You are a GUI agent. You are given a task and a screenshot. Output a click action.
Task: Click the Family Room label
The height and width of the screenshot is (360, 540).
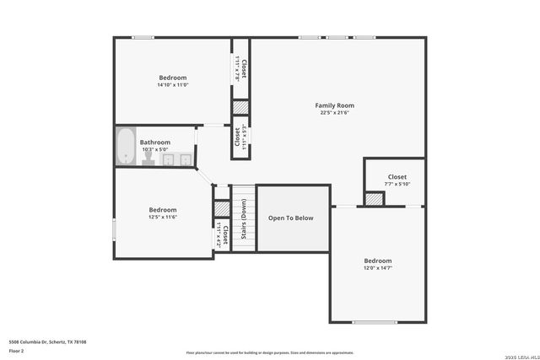(x=334, y=105)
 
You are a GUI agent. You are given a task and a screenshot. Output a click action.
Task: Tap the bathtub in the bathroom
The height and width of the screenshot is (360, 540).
(x=126, y=147)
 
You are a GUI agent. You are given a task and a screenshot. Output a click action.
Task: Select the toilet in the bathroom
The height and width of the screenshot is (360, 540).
(x=148, y=157)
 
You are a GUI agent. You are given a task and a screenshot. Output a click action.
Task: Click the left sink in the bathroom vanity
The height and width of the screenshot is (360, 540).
(x=167, y=159)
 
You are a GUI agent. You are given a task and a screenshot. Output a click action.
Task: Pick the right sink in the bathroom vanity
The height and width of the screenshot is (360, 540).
(x=185, y=159)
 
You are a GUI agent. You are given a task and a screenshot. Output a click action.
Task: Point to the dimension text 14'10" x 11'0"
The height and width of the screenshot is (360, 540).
(x=172, y=84)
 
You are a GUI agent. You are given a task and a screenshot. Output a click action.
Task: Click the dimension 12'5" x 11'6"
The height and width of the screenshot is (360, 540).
(x=163, y=217)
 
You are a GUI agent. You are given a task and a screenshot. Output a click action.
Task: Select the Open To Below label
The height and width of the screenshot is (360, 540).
(x=291, y=218)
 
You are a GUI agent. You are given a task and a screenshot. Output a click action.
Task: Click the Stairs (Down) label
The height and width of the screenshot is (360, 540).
(x=244, y=218)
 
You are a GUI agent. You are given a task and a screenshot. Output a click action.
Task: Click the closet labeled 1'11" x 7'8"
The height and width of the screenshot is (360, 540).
(x=240, y=67)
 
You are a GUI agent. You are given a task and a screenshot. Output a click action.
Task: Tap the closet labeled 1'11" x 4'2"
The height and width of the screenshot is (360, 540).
(x=222, y=234)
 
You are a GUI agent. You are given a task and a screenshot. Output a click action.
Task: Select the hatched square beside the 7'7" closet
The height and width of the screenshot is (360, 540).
(x=374, y=199)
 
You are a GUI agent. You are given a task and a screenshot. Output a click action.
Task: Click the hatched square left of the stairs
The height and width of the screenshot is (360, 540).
(x=222, y=208)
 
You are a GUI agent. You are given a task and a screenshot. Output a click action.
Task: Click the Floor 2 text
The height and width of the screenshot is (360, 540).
(x=16, y=350)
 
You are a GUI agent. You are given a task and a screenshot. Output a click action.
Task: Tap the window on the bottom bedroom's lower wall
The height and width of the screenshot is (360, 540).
(x=375, y=322)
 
